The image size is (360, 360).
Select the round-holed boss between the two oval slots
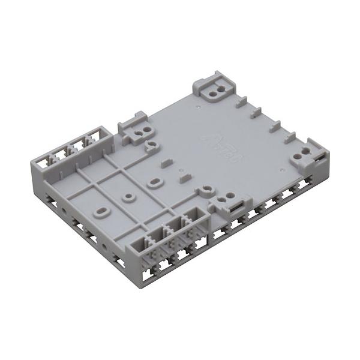[128, 196]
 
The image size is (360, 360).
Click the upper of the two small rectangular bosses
[167, 162]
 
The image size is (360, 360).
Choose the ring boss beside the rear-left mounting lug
[151, 145]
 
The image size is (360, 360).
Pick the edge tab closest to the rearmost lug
[239, 103]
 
